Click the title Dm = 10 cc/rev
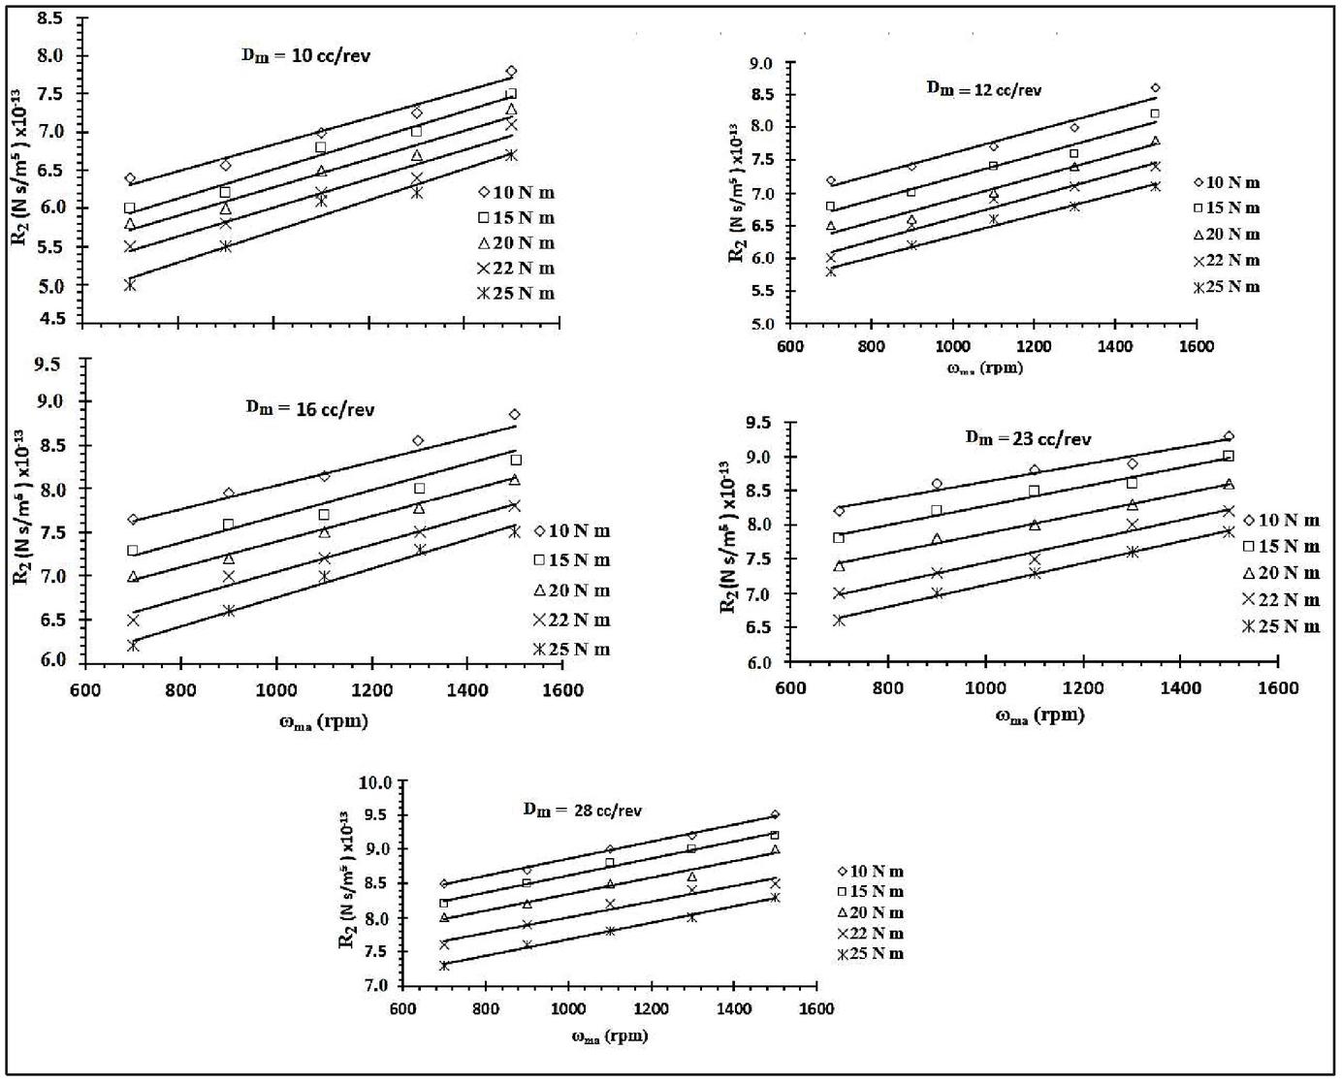coord(305,55)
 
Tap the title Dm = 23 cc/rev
coord(1028,438)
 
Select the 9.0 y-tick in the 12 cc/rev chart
coord(761,64)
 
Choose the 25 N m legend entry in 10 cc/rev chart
coord(516,294)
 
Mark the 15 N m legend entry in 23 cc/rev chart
coord(1282,547)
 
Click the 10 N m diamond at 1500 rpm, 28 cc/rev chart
coord(775,814)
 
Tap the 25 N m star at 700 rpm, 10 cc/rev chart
coord(130,285)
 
